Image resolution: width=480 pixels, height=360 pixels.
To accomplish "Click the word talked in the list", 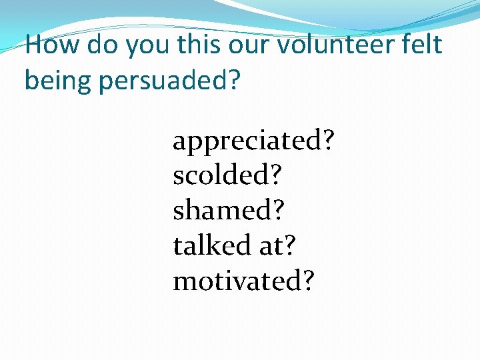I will [211, 245].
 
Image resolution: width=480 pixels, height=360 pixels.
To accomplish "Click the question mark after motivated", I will [307, 281].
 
